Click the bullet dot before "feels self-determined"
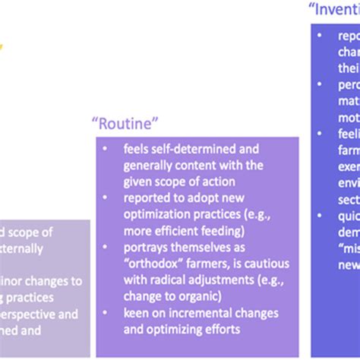click(105, 147)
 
